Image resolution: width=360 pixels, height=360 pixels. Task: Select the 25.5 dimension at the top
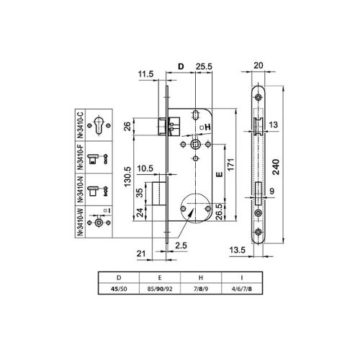pos(202,66)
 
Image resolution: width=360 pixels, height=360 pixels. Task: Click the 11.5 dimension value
pos(146,73)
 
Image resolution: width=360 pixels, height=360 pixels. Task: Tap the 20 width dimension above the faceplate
pos(259,66)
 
